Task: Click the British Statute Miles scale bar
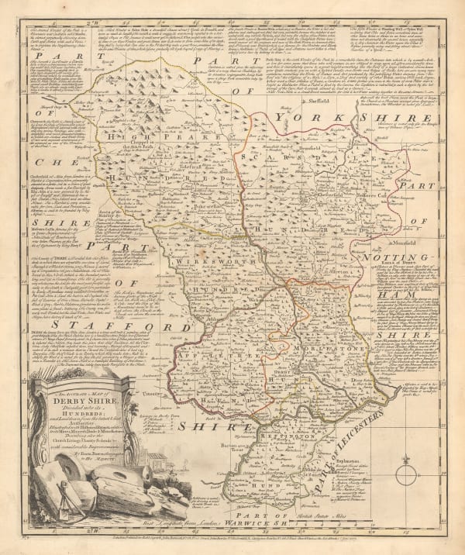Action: (x=350, y=515)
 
